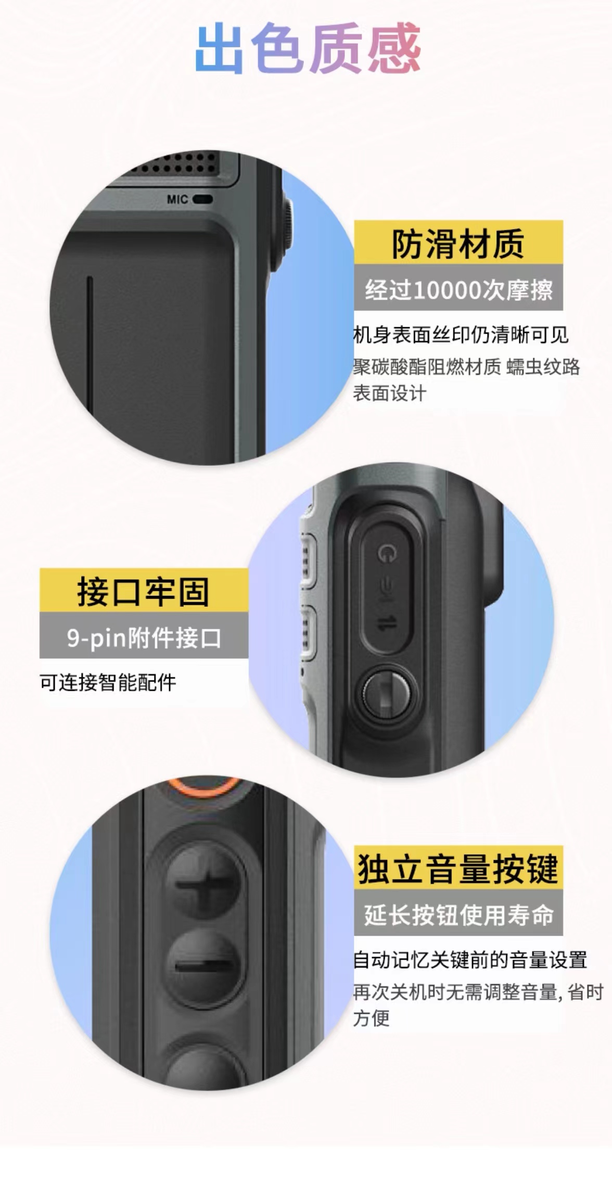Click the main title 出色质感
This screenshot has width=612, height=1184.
click(308, 48)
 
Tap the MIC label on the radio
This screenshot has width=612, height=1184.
click(177, 199)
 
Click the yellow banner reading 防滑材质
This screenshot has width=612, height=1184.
click(458, 242)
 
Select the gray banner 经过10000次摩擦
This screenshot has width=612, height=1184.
click(458, 287)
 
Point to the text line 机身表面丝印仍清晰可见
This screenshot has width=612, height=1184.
click(461, 335)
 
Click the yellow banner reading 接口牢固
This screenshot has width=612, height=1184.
click(144, 590)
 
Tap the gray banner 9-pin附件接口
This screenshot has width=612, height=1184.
click(144, 635)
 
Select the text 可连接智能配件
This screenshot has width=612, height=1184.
click(108, 682)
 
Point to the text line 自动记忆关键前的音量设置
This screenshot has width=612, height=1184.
click(470, 960)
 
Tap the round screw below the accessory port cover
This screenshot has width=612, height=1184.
click(385, 694)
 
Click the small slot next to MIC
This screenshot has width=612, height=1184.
click(202, 199)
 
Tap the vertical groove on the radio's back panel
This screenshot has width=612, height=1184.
click(90, 338)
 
